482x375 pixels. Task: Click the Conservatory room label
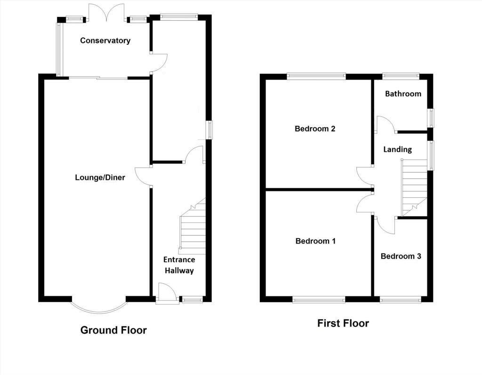105,41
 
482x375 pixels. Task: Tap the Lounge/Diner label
100,178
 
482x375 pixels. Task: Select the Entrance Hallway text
179,265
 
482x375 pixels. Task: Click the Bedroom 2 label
315,129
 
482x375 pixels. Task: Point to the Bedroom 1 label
315,241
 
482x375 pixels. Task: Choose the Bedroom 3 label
401,256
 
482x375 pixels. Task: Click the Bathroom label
403,94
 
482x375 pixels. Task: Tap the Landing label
397,149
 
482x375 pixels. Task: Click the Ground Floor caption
113,330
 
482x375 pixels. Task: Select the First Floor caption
343,323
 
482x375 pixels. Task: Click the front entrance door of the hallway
167,293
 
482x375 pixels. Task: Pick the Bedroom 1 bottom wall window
319,299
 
